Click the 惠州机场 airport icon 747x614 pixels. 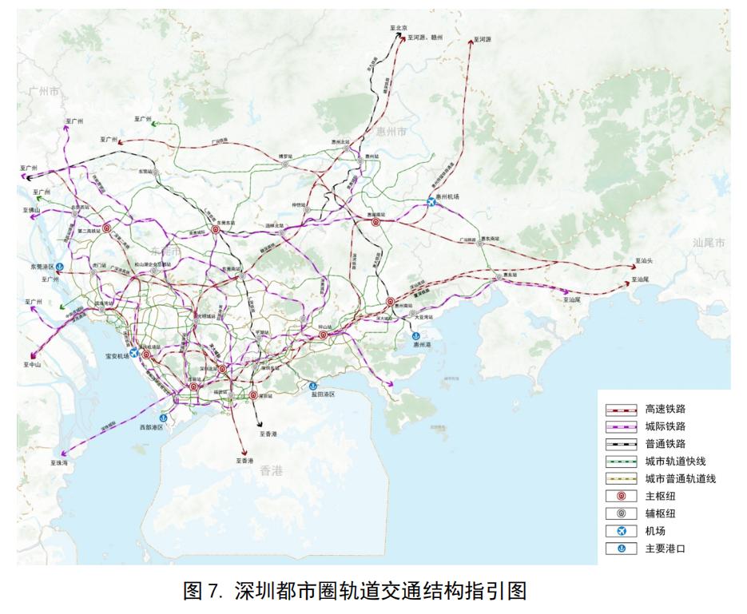point(432,202)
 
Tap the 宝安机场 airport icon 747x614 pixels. point(134,352)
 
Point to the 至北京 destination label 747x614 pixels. point(399,28)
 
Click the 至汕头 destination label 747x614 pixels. point(644,261)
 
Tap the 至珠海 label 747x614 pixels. point(61,462)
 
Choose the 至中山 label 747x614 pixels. point(32,364)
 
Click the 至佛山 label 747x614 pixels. point(31,211)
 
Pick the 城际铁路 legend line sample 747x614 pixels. point(621,426)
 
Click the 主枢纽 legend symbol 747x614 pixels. point(621,496)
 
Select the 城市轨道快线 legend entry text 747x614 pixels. point(675,461)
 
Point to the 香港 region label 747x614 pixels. point(272,471)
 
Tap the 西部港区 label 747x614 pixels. point(152,427)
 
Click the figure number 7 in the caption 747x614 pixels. point(213,591)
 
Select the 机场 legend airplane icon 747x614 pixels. point(621,531)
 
